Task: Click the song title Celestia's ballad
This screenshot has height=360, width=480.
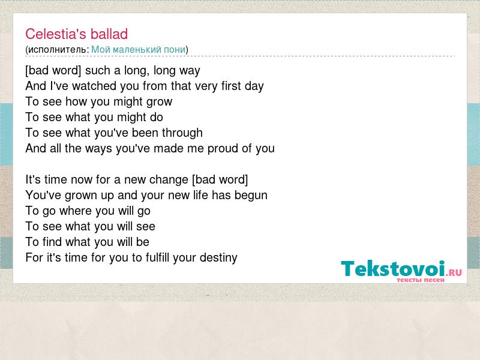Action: (x=77, y=34)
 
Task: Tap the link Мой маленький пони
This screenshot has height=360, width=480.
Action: (x=139, y=49)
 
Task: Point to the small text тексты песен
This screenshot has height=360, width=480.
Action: (x=421, y=280)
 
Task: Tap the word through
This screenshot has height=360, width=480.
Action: (x=182, y=133)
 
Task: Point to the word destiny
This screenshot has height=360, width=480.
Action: (x=218, y=258)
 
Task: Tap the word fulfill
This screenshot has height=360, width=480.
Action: (x=157, y=257)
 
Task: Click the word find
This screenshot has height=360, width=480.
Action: (x=52, y=242)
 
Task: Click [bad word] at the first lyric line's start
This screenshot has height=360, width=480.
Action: (x=53, y=71)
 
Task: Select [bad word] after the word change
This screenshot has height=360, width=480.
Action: (x=220, y=179)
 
